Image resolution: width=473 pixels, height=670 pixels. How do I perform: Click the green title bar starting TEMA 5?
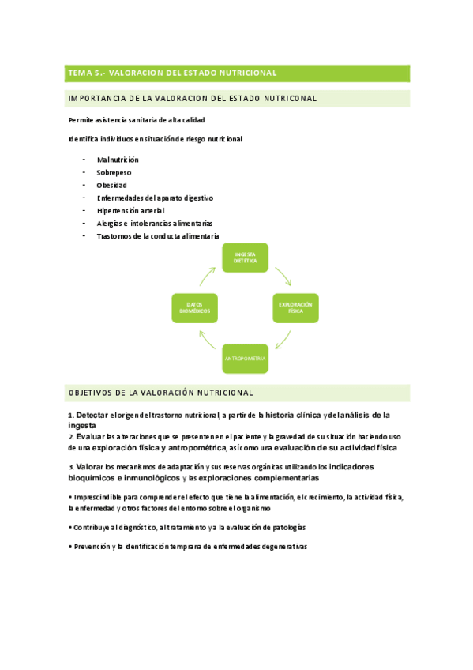[237, 73]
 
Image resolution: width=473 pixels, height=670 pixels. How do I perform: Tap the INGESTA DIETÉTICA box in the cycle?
[245, 258]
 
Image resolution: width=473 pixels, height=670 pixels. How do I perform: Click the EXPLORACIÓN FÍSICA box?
[295, 307]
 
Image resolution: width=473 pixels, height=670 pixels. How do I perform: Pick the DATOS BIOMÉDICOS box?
[194, 308]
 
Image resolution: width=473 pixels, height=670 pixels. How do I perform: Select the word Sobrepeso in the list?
[114, 172]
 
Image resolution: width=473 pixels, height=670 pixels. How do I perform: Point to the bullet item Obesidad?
[112, 185]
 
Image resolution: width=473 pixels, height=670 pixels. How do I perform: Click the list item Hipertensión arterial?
[131, 210]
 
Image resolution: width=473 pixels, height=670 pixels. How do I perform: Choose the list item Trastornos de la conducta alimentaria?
[158, 235]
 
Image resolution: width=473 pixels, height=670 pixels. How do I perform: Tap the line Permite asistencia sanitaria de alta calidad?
[137, 120]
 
